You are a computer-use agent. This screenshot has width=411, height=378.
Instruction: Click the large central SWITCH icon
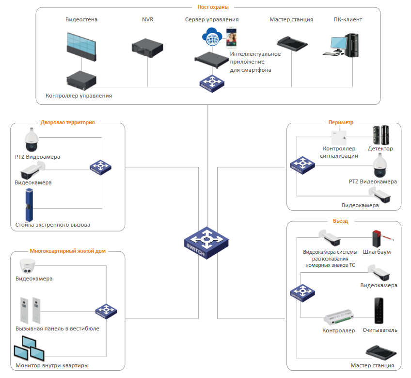coord(206,242)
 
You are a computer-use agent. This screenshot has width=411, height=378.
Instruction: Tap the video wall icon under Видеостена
coord(81,45)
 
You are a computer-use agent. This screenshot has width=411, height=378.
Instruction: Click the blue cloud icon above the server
coord(212,35)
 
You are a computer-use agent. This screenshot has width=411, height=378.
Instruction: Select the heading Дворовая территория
coord(67,123)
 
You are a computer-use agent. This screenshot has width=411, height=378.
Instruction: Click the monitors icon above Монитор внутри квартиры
coord(29,351)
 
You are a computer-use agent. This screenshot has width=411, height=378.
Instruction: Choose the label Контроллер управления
coord(79,96)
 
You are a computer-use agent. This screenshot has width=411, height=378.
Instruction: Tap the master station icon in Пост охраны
coord(292,44)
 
